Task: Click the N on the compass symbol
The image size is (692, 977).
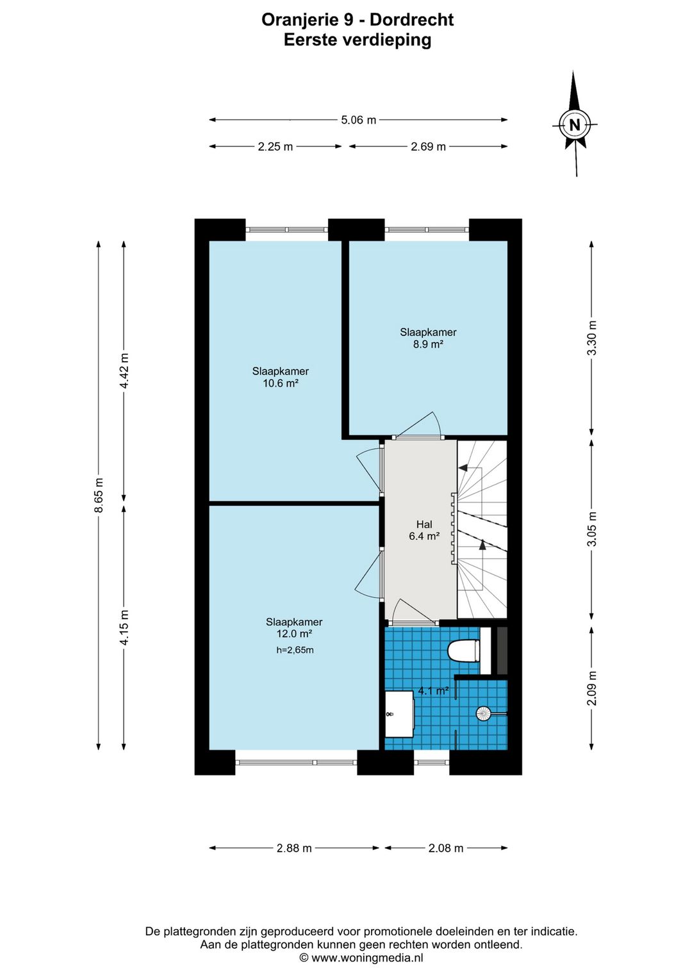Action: point(575,125)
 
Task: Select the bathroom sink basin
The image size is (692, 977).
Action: point(399,714)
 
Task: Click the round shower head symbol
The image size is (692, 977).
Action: point(483,714)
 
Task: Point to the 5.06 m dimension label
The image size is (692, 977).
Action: point(358,120)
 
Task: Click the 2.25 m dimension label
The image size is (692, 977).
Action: point(275,147)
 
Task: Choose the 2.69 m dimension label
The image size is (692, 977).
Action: point(428,147)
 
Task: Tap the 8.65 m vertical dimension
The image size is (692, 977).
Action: point(99,496)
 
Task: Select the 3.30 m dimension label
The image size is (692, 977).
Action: point(592,338)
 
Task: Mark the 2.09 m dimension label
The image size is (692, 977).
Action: point(592,688)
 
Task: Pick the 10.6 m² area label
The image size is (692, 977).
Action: point(280,384)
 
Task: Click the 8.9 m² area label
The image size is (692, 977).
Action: point(428,344)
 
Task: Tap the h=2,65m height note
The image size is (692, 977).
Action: point(295,650)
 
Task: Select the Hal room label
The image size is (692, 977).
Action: point(424,524)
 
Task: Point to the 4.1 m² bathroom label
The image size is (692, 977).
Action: point(434,691)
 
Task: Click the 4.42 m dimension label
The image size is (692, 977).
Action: point(124,371)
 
